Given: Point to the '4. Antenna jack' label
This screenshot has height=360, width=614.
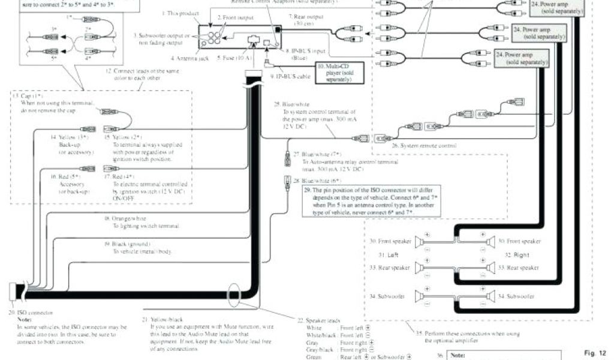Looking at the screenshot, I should (189, 58).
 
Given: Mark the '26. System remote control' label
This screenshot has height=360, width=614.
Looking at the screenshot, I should (424, 146).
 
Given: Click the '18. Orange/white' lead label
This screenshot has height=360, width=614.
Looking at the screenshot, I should (125, 218).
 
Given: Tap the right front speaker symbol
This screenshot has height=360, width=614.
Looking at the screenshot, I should (490, 241).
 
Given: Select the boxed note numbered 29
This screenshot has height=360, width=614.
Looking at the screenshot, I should (370, 200).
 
